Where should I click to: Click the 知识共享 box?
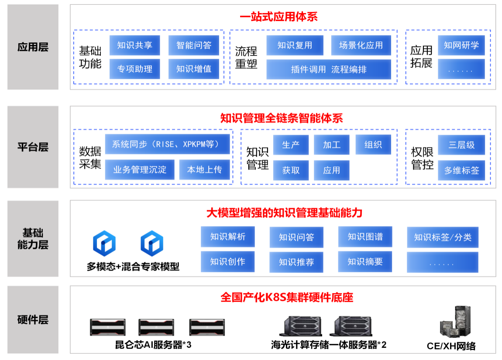(x=134, y=45)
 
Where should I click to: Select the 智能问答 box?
(x=194, y=45)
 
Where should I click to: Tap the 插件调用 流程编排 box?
(x=329, y=69)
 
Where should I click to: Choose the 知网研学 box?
(x=461, y=45)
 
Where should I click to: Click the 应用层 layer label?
(x=33, y=47)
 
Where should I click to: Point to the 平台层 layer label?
(x=33, y=147)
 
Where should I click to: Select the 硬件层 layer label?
(x=33, y=319)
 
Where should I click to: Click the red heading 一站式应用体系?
(x=279, y=17)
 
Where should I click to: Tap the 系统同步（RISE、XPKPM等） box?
(x=167, y=144)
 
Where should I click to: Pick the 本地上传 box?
(x=205, y=170)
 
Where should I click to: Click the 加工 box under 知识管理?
(x=332, y=145)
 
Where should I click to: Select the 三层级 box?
(x=461, y=145)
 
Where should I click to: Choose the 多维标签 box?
(x=461, y=170)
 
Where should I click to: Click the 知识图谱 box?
(x=365, y=237)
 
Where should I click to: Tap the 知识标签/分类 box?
(x=443, y=237)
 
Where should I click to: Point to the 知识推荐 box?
(x=296, y=262)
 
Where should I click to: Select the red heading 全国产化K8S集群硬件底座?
(x=287, y=297)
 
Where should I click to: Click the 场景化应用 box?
(x=361, y=45)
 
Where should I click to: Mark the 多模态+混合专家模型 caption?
(x=133, y=266)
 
